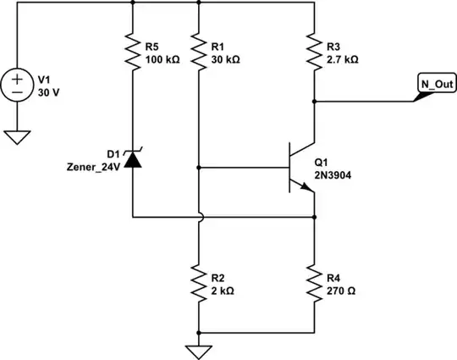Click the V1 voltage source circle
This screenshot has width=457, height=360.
point(18,85)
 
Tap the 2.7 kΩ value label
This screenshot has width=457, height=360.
point(342,61)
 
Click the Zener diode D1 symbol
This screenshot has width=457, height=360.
point(134,158)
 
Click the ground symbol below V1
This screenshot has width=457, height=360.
point(18,136)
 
